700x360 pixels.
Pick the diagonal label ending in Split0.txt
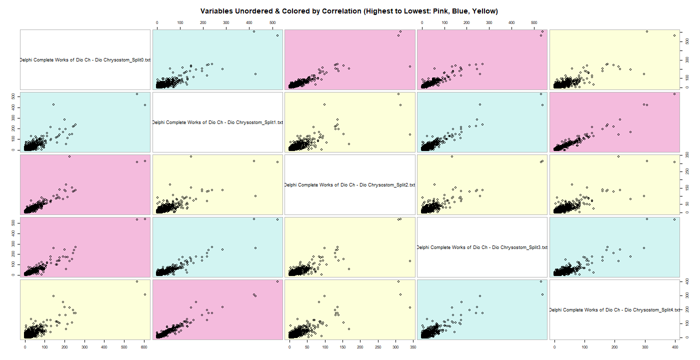[85, 60]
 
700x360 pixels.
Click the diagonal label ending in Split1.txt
[217, 122]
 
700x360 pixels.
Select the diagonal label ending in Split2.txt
[349, 185]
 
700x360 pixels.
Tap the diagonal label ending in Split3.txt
[482, 247]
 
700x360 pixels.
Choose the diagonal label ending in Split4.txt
[614, 310]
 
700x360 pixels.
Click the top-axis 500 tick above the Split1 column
[271, 23]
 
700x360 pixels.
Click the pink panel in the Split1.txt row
[614, 122]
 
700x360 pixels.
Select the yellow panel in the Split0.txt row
[614, 60]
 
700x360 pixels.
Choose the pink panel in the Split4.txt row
[217, 310]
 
